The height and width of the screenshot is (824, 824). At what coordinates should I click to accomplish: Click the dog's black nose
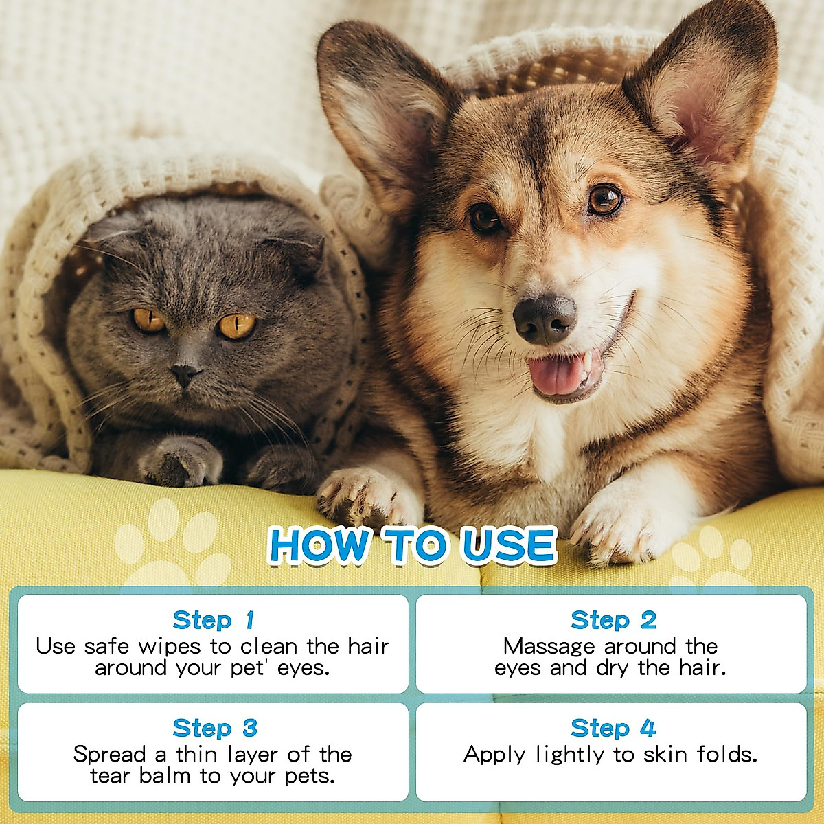(545, 317)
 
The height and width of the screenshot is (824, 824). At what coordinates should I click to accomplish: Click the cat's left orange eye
(148, 320)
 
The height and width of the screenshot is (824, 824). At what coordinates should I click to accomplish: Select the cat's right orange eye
(236, 325)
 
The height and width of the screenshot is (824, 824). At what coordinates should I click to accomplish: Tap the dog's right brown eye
(605, 200)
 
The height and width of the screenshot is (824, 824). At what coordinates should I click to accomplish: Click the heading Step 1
(213, 620)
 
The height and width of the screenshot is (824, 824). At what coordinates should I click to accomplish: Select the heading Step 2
(613, 620)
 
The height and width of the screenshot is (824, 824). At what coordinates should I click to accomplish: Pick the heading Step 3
(214, 728)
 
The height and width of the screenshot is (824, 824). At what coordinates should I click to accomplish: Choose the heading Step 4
(613, 728)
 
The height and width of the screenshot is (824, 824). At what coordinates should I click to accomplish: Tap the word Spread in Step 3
(110, 755)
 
